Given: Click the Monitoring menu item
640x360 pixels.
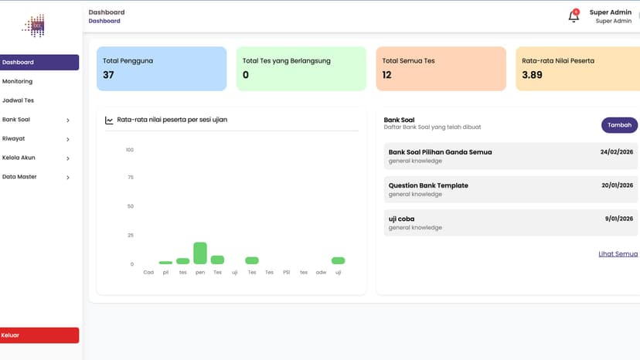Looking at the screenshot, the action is (x=17, y=81).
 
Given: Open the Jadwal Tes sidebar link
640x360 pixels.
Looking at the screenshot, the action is (x=18, y=100).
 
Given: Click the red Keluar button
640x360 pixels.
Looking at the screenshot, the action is (x=39, y=335).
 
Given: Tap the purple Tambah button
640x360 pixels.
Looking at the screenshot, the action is (x=619, y=125).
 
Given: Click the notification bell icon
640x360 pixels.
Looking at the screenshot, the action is (x=574, y=16).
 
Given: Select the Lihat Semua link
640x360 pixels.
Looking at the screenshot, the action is (x=618, y=254).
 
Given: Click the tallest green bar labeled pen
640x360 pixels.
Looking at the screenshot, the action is (x=200, y=253).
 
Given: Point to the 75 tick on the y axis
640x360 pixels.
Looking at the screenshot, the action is (x=131, y=177).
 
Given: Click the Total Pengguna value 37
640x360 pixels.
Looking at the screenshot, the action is (x=108, y=75).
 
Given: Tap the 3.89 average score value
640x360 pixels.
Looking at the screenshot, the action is (x=533, y=75).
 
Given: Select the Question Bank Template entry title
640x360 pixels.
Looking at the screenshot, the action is (x=428, y=185).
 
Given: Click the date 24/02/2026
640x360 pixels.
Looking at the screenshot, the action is (x=617, y=152).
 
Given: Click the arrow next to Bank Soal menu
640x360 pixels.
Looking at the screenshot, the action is (x=68, y=120).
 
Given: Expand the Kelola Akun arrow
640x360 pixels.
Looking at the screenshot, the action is (x=68, y=158).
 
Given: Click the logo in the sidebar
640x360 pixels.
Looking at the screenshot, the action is (x=33, y=25).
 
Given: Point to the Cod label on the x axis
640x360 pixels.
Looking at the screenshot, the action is (x=148, y=272).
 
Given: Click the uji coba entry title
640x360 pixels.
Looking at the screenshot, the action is (x=401, y=219).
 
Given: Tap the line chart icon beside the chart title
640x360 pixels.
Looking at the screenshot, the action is (x=109, y=120).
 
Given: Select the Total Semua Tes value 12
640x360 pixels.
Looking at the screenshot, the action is (x=387, y=75).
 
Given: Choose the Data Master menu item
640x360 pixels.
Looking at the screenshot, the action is (x=19, y=177).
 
